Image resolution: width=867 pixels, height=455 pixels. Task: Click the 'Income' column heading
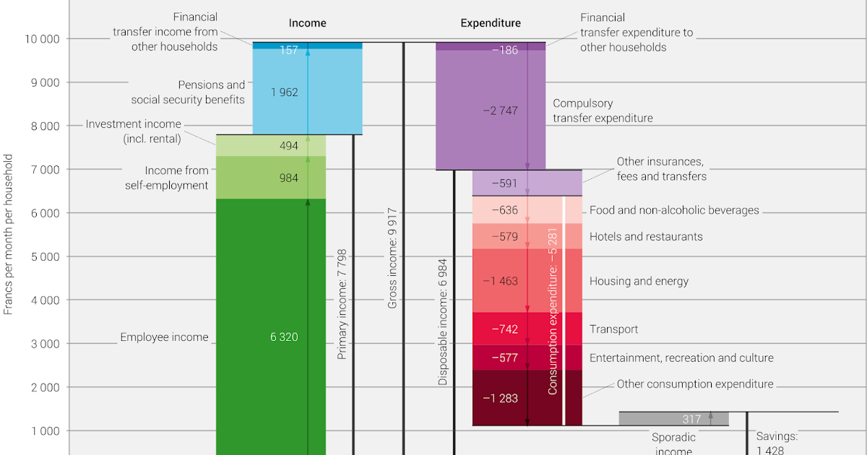coord(307,23)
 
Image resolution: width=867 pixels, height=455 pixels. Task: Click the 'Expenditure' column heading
coord(491,23)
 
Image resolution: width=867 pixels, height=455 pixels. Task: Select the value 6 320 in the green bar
coord(284,337)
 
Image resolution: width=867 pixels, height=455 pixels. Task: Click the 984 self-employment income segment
coord(288,178)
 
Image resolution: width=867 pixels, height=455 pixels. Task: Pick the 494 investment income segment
coord(288,146)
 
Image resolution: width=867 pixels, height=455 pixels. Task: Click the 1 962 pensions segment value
coord(284,92)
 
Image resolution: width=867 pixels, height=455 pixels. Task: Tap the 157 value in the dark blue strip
coord(288,50)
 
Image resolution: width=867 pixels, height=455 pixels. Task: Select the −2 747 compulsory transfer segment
coord(499,110)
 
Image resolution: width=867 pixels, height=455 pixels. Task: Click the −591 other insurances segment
coord(504,183)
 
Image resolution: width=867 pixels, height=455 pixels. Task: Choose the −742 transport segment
coord(504,329)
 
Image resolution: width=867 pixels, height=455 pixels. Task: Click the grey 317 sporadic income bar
coord(673,419)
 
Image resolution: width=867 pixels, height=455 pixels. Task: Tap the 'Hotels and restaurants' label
coord(646,237)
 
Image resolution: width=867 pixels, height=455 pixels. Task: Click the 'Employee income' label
coord(164,337)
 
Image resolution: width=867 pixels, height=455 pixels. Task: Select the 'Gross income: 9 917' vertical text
coord(392,259)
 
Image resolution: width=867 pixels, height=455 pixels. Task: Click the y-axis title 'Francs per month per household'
coord(9,234)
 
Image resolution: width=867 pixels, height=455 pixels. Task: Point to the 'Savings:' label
coord(777,436)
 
